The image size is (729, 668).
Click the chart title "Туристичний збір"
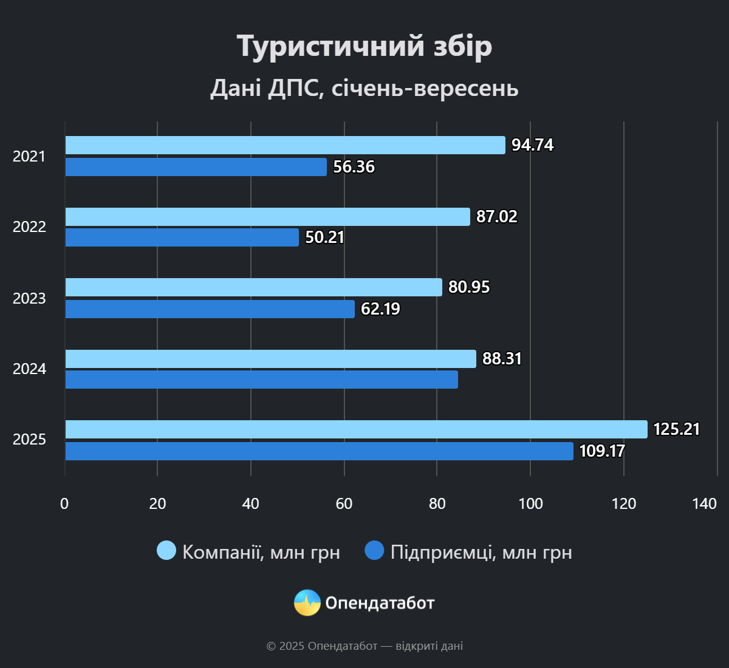(364, 46)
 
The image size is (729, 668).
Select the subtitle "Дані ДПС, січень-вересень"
(364, 88)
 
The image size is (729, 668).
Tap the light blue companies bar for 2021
(285, 145)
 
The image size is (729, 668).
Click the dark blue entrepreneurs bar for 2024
(261, 380)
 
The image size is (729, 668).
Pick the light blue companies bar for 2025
(356, 429)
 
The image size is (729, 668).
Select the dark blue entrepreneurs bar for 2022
(182, 237)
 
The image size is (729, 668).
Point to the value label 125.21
(676, 429)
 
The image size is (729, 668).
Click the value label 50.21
(324, 237)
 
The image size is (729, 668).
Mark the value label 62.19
(380, 309)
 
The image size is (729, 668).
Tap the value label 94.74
(532, 145)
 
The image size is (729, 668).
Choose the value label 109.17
(601, 451)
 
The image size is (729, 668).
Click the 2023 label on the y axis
(29, 298)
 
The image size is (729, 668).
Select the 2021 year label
(29, 156)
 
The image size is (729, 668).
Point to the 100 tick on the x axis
(530, 503)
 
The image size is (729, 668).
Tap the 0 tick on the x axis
(64, 503)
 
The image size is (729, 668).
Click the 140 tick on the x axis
(704, 503)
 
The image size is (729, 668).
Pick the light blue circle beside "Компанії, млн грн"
(166, 550)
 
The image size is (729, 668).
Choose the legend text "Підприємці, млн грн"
(481, 552)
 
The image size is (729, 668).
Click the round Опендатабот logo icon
(307, 602)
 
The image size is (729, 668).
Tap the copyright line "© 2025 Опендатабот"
(364, 646)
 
